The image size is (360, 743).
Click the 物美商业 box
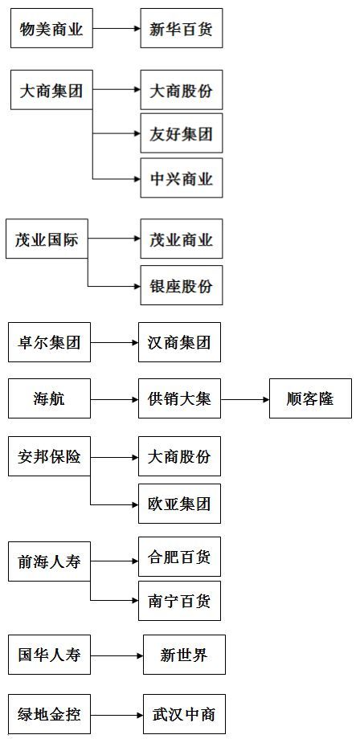point(51,28)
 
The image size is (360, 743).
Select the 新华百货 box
point(181,28)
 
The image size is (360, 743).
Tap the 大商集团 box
point(51,90)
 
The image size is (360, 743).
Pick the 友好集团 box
point(181,133)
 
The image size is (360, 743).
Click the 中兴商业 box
point(181,178)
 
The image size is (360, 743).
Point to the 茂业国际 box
point(47,239)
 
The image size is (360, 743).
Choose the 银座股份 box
point(181,285)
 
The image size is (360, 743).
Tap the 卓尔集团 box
point(49,342)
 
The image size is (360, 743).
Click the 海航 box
point(49,398)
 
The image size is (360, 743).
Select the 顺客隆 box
point(311,398)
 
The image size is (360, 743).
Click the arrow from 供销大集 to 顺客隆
point(245,399)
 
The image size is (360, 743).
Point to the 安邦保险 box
point(49,456)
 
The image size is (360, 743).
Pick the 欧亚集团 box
point(179,504)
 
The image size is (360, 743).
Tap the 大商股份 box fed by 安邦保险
point(179,456)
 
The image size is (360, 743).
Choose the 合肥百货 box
point(179,557)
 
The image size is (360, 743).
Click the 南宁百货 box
point(179,601)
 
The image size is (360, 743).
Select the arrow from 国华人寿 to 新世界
point(117,655)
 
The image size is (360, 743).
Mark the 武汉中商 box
point(184,714)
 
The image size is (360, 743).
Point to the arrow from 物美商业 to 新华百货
point(117,28)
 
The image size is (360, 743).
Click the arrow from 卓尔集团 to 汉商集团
point(114,342)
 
